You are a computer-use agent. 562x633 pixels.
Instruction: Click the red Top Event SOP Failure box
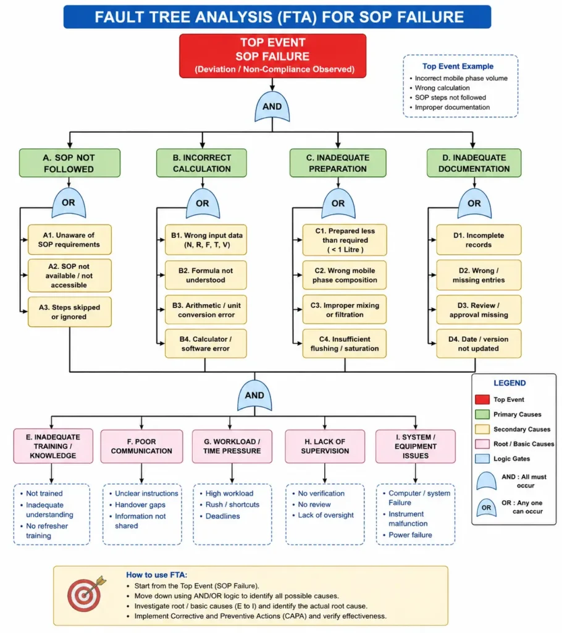(x=273, y=56)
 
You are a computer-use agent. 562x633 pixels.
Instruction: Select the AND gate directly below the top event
(x=272, y=106)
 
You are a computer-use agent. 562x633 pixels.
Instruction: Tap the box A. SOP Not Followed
(x=70, y=163)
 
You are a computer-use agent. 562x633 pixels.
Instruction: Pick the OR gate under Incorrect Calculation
(x=203, y=203)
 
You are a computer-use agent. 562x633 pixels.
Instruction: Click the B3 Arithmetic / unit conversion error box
(x=206, y=310)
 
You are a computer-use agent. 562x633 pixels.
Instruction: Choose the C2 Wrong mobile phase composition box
(x=345, y=275)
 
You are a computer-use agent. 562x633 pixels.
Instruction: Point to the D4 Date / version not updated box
(x=479, y=344)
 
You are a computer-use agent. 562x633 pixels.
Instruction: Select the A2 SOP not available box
(x=69, y=276)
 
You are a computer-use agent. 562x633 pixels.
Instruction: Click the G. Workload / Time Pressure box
(x=232, y=446)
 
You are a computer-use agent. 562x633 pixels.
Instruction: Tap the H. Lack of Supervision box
(x=325, y=446)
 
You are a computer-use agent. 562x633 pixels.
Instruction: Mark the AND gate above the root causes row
(x=254, y=396)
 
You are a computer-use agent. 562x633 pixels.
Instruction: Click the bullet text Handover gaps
(x=140, y=504)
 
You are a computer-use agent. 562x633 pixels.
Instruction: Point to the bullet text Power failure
(x=410, y=535)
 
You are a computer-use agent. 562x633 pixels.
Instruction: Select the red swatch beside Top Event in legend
(x=482, y=400)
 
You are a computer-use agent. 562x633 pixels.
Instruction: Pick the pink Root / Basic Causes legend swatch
(x=482, y=444)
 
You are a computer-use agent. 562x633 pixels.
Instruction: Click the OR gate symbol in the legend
(x=486, y=508)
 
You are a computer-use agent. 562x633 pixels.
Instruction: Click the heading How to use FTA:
(x=156, y=575)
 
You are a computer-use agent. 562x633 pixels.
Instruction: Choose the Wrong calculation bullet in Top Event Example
(x=442, y=88)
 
